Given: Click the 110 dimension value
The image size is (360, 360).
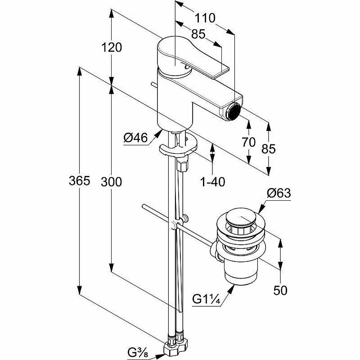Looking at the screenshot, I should click(x=205, y=18).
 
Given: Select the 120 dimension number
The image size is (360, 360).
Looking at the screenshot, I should click(x=112, y=47).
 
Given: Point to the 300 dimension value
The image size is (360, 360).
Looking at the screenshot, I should click(x=112, y=181).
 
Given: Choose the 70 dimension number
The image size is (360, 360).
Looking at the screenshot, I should click(x=249, y=142).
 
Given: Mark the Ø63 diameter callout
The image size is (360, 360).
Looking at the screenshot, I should click(x=279, y=193).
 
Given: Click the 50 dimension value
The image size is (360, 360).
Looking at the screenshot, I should click(x=280, y=290).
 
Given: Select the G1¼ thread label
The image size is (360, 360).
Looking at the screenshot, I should click(x=207, y=299).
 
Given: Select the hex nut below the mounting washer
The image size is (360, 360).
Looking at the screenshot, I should click(x=183, y=164).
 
